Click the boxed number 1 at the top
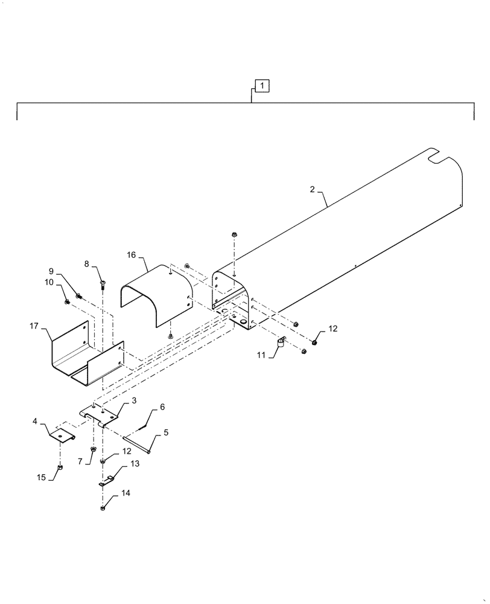pyautogui.click(x=262, y=86)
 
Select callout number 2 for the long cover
pyautogui.click(x=312, y=190)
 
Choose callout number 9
pyautogui.click(x=51, y=271)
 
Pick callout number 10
pyautogui.click(x=49, y=282)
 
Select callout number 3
pyautogui.click(x=134, y=400)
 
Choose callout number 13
pyautogui.click(x=134, y=463)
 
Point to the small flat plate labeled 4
pyautogui.click(x=62, y=434)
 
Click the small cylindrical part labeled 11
pyautogui.click(x=280, y=345)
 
